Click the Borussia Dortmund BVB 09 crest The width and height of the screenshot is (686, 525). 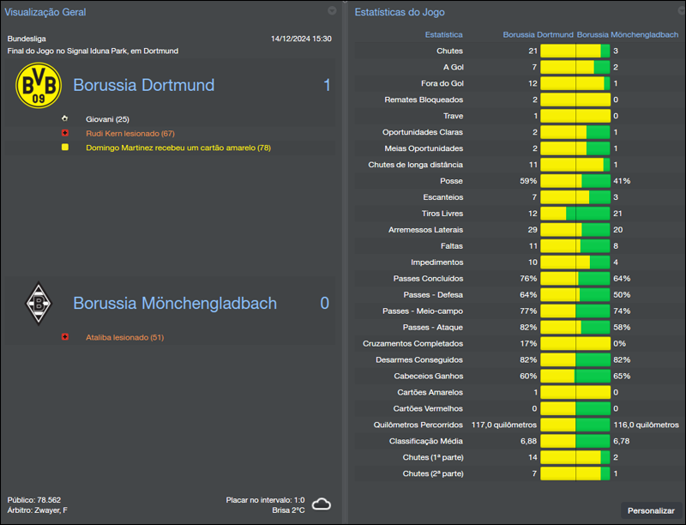click(x=39, y=86)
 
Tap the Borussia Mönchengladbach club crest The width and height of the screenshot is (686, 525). click(x=39, y=304)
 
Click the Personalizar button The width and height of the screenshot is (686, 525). click(x=651, y=510)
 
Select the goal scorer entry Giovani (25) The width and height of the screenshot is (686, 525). click(x=107, y=119)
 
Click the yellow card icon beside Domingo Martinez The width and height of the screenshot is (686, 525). click(x=64, y=148)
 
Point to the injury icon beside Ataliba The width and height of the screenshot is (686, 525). click(x=64, y=337)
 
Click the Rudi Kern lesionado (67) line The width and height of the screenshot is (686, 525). click(x=130, y=134)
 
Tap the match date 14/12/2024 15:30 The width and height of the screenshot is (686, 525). click(x=301, y=39)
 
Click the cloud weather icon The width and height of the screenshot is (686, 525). click(x=322, y=504)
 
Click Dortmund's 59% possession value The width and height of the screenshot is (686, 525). click(x=528, y=181)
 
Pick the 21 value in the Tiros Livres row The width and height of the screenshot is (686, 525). click(x=617, y=214)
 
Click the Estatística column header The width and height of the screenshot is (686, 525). click(x=443, y=35)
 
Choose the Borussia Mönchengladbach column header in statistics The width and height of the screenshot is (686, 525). click(x=629, y=35)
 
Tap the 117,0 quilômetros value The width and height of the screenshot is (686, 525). click(x=504, y=425)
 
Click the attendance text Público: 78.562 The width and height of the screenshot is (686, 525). click(x=34, y=500)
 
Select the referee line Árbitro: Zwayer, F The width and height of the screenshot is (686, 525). click(x=37, y=510)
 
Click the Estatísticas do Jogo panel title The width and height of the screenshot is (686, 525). click(x=400, y=12)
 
